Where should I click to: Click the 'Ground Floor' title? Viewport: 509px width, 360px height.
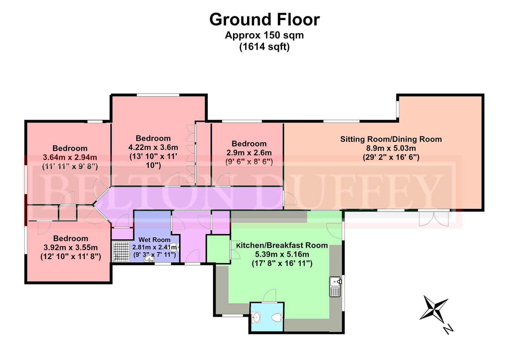tap(264, 19)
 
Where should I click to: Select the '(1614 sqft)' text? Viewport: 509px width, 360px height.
tap(264, 47)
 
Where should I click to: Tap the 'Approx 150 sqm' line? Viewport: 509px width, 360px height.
tap(264, 35)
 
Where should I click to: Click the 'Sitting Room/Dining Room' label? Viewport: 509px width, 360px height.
tap(391, 139)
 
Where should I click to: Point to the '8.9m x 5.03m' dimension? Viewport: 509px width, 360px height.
tap(391, 148)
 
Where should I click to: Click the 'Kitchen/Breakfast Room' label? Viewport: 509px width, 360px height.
tap(282, 245)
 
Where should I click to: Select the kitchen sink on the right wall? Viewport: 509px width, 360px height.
tap(335, 286)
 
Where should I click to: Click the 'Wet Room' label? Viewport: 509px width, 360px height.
tap(154, 240)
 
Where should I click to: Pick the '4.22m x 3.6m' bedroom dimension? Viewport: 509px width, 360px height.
tap(153, 147)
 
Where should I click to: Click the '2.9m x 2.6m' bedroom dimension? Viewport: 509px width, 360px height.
tap(249, 153)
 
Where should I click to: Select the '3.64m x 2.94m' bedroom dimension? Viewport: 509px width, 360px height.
tap(70, 157)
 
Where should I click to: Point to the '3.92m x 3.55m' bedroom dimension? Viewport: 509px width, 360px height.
tap(71, 248)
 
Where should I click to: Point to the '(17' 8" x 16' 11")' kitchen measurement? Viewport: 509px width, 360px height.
tap(282, 263)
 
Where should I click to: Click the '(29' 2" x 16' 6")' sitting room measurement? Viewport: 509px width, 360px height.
tap(391, 157)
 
